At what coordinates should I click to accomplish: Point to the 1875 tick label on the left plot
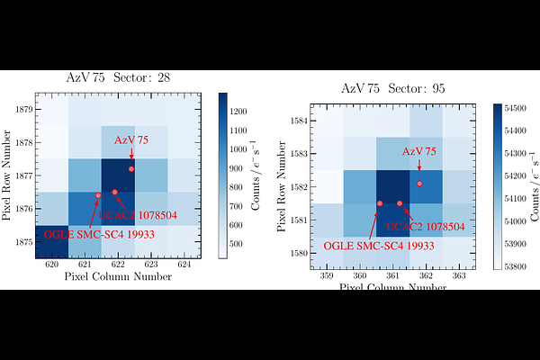tap(22, 242)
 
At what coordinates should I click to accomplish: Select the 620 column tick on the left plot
tap(52, 265)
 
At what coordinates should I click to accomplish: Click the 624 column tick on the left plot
tap(184, 265)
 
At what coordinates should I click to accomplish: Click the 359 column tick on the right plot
tap(328, 276)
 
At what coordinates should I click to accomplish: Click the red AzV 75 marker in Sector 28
tap(131, 169)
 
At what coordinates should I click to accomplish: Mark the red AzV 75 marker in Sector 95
tap(419, 184)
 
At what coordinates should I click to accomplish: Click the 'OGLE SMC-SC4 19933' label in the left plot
tap(86, 234)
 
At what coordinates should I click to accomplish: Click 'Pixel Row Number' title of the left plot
tap(8, 175)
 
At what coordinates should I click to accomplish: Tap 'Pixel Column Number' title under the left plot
tap(118, 277)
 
